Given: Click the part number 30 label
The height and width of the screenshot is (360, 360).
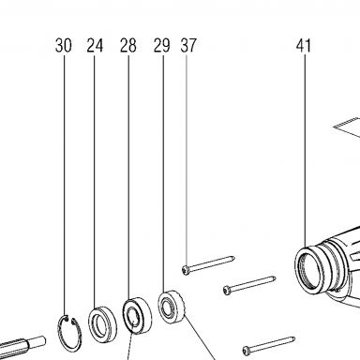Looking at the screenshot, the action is tap(64, 46).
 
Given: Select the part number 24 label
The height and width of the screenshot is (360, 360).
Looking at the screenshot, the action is tap(95, 46).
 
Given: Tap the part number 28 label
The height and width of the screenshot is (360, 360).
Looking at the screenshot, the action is tap(128, 46).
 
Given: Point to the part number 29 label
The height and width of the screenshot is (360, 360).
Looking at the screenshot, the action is tap(162, 46).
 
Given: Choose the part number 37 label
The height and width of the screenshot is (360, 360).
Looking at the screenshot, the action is tap(188, 46).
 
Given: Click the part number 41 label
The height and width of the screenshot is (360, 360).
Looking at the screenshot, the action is tap(304, 46).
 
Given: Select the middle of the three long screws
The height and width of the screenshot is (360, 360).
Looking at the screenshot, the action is tap(249, 285).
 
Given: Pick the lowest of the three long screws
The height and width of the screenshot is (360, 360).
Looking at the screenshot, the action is tap(269, 345).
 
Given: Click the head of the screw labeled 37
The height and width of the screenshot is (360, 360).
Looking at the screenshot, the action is tap(186, 270).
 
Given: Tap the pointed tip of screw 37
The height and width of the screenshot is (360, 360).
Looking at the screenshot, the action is tap(233, 258).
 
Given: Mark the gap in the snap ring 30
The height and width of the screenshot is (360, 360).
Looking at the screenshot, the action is tap(69, 319).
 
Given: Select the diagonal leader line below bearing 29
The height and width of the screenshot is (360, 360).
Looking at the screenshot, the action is tap(199, 337).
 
